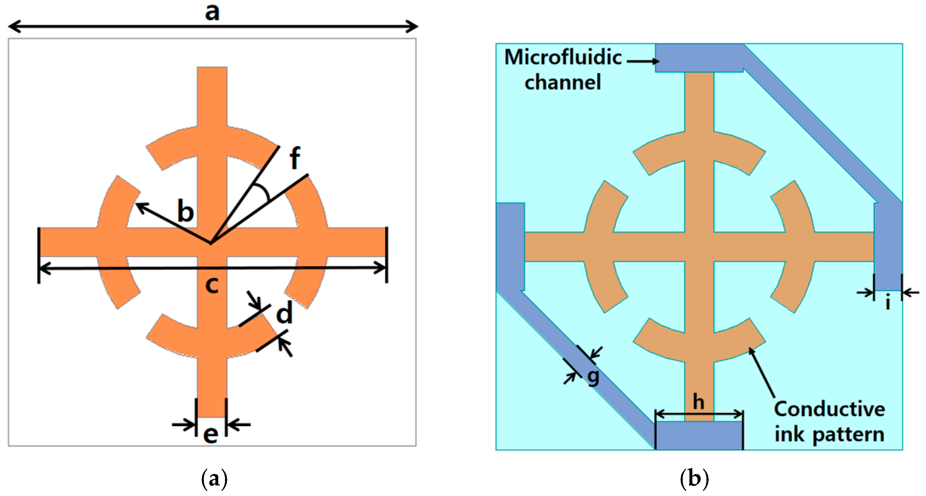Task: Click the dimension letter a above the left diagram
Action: (x=212, y=12)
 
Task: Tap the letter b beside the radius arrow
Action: (x=186, y=212)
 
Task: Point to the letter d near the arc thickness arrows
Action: (x=284, y=313)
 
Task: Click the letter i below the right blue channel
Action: (x=888, y=302)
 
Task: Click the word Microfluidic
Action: (x=563, y=57)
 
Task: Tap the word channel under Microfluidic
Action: (x=563, y=82)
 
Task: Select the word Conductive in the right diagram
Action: (x=829, y=409)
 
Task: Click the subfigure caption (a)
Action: (x=214, y=479)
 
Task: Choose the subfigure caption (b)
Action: (x=695, y=479)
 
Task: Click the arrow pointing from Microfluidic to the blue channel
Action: (x=643, y=61)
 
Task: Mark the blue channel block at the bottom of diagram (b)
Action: (x=699, y=435)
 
